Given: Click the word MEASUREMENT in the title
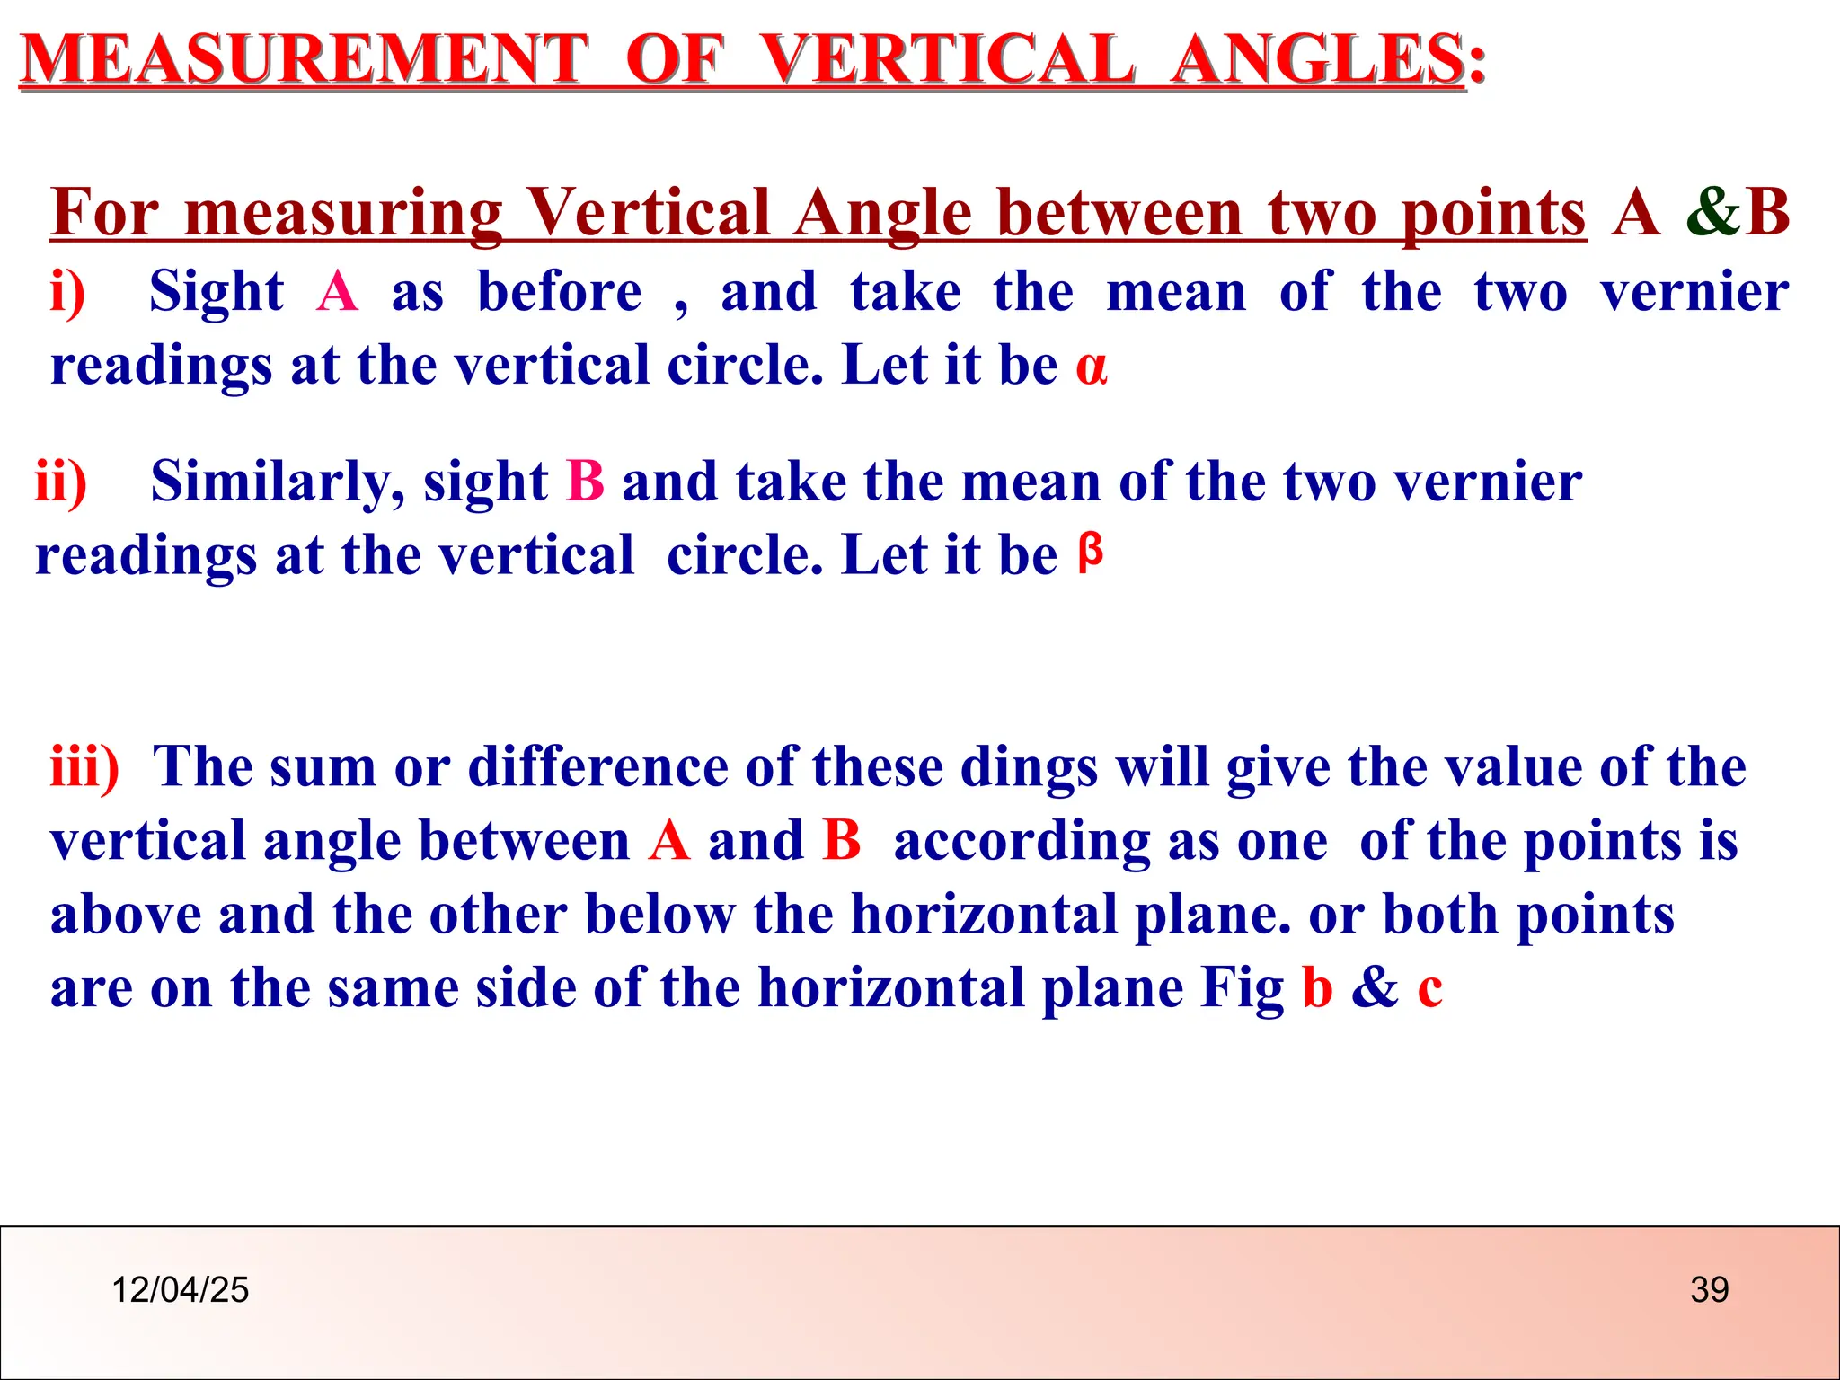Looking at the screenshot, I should click(x=304, y=60).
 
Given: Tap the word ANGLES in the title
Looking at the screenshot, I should click(x=1319, y=60).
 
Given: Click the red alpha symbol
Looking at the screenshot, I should click(x=1092, y=367).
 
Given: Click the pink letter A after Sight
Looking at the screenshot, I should click(x=338, y=292).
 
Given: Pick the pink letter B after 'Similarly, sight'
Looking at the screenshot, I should click(x=586, y=482).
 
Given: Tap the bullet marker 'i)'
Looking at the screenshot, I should click(x=68, y=292).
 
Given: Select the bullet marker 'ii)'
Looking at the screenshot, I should click(x=61, y=482).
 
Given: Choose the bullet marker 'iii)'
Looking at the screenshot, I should click(x=84, y=767).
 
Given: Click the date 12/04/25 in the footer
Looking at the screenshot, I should click(x=180, y=1290).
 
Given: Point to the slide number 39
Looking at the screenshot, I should click(x=1709, y=1290).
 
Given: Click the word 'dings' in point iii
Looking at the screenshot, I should click(x=1029, y=769).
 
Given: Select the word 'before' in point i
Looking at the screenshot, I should click(x=560, y=292).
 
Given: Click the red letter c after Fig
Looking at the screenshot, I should click(x=1429, y=988).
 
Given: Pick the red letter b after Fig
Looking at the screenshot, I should click(x=1317, y=987).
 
